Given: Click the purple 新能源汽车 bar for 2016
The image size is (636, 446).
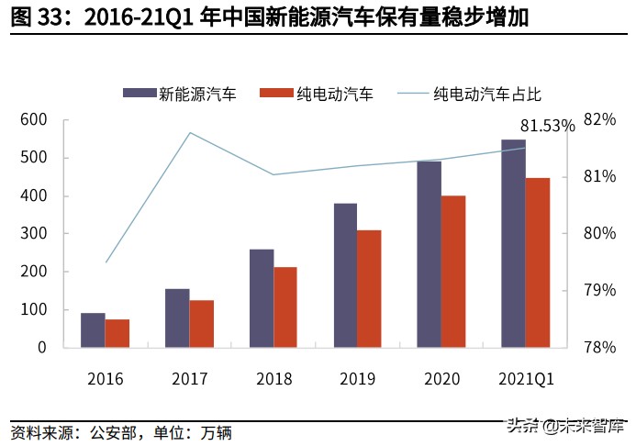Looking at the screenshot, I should [x=93, y=330].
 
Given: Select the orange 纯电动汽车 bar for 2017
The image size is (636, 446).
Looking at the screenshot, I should [x=201, y=324].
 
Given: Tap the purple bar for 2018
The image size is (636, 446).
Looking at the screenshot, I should [x=262, y=298].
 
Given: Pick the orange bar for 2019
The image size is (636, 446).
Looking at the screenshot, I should [x=369, y=289].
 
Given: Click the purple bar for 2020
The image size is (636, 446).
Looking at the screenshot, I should [x=430, y=254].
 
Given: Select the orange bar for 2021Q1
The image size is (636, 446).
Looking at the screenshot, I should [x=538, y=262].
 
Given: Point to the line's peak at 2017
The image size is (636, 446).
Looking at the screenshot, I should [x=189, y=133].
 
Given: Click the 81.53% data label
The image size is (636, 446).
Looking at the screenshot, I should [x=547, y=126].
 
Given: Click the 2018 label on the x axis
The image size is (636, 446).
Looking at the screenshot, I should [x=273, y=378].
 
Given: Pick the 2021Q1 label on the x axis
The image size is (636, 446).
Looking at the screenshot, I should [x=526, y=378].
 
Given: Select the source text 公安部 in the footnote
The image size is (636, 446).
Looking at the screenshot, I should [x=113, y=431].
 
